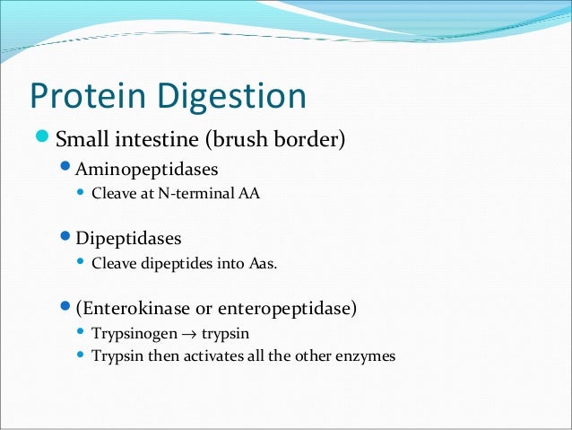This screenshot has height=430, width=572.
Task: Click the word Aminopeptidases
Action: tap(147, 168)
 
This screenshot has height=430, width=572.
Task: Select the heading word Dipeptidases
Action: tap(128, 240)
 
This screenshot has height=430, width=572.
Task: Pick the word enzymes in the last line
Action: tap(363, 355)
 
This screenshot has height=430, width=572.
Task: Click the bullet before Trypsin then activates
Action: tap(82, 355)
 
